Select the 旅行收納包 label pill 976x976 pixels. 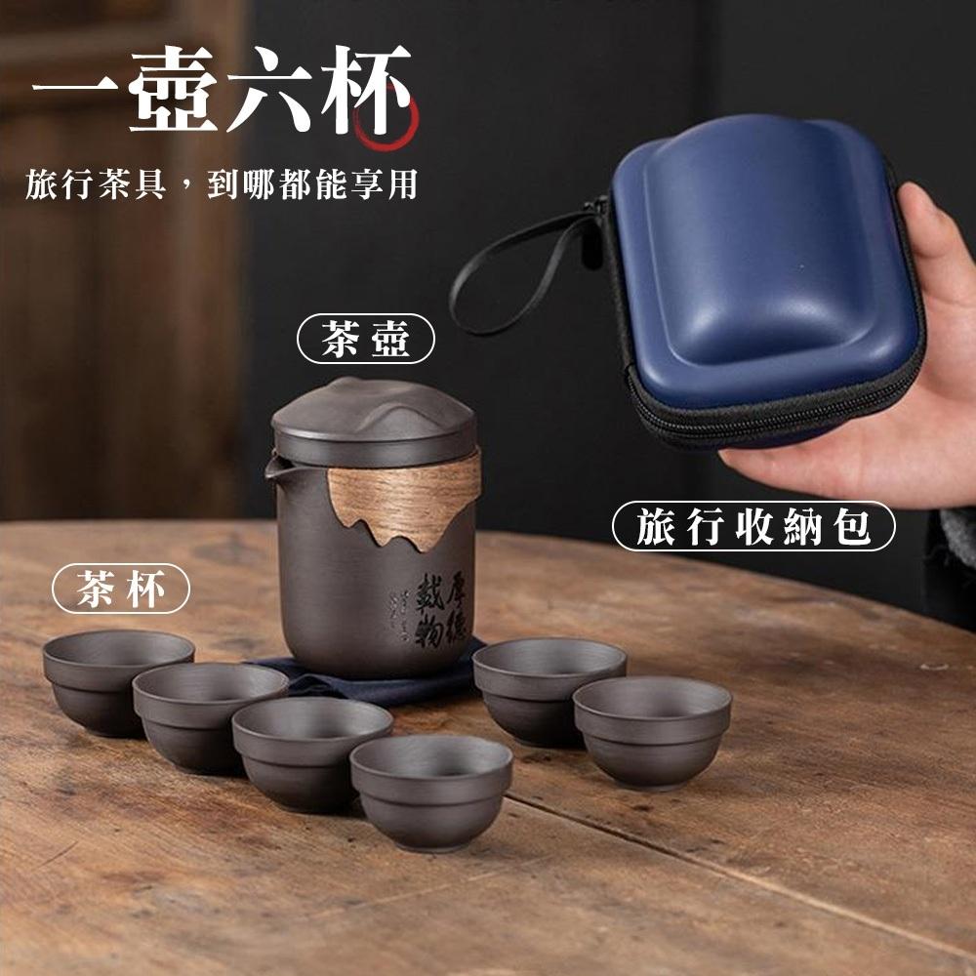752,527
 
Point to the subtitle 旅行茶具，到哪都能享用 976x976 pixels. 222,183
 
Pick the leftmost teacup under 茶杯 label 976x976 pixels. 117,678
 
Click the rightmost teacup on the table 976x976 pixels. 652,728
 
